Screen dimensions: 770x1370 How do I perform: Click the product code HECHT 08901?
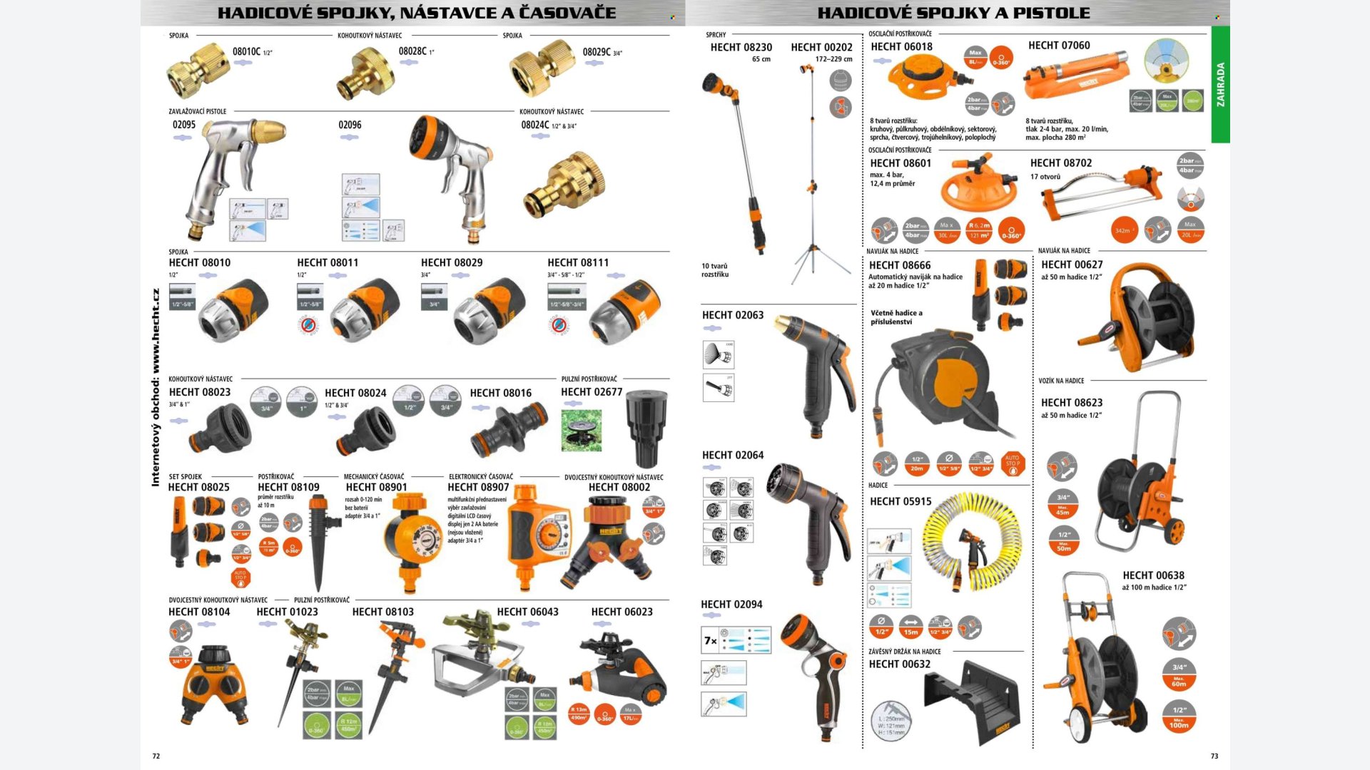(x=376, y=487)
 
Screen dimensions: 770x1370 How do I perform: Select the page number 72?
(x=156, y=756)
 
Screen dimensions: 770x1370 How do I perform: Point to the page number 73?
(x=1214, y=756)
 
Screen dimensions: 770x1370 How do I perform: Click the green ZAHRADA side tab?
(x=1220, y=84)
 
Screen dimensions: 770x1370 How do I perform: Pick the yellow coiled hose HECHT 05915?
(x=970, y=542)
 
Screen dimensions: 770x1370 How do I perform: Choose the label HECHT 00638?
(x=1153, y=575)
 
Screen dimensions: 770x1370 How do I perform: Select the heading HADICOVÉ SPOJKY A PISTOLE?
(x=953, y=13)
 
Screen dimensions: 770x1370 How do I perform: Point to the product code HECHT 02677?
(x=592, y=392)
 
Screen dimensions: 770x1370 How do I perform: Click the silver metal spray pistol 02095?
(x=228, y=171)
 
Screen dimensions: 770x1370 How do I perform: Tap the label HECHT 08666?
(x=900, y=265)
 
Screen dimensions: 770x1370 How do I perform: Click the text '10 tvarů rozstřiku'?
(x=714, y=270)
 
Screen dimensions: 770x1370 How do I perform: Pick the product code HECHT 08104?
(x=199, y=612)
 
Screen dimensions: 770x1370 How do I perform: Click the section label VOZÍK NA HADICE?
(x=1061, y=381)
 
